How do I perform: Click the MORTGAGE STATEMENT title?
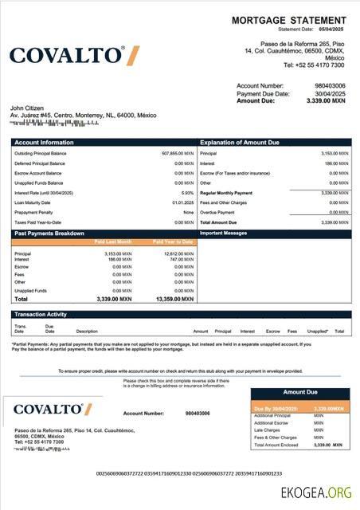(x=289, y=20)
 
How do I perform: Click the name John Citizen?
(x=27, y=108)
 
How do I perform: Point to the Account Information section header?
(x=44, y=142)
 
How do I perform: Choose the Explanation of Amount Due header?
(x=240, y=142)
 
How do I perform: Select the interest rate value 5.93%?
(x=187, y=193)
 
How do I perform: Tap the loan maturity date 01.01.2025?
(x=183, y=202)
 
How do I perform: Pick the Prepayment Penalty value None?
(x=188, y=212)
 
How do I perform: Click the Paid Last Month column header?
(x=114, y=241)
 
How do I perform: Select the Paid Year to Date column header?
(x=172, y=241)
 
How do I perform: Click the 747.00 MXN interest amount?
(x=178, y=259)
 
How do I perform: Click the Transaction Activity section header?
(x=41, y=315)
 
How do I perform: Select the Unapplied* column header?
(x=317, y=331)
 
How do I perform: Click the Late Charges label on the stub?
(x=266, y=430)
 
